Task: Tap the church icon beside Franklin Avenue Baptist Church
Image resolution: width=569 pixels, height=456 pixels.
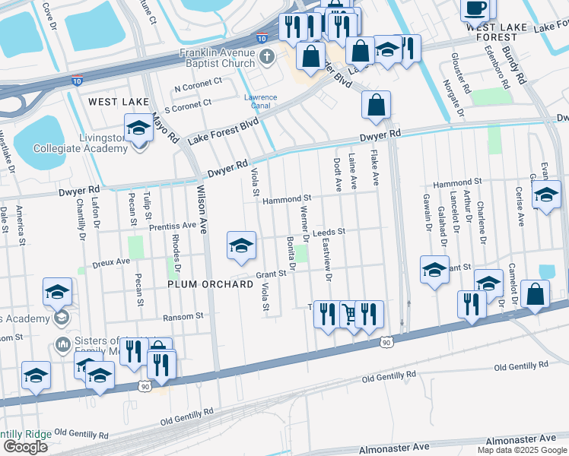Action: click(x=267, y=55)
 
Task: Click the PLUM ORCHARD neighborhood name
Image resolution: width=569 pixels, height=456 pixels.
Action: click(x=210, y=284)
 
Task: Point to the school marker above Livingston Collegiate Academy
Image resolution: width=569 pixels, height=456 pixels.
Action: click(x=138, y=129)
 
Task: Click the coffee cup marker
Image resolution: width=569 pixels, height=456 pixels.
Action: click(x=476, y=9)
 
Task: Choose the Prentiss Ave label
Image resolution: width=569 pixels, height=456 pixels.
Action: click(x=173, y=226)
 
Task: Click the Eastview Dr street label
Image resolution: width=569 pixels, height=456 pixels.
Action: click(x=327, y=262)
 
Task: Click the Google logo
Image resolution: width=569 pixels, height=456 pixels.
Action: click(x=25, y=446)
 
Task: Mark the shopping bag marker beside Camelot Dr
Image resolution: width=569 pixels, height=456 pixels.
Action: click(x=536, y=295)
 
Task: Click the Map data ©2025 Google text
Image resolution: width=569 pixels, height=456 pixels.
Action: click(x=522, y=450)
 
